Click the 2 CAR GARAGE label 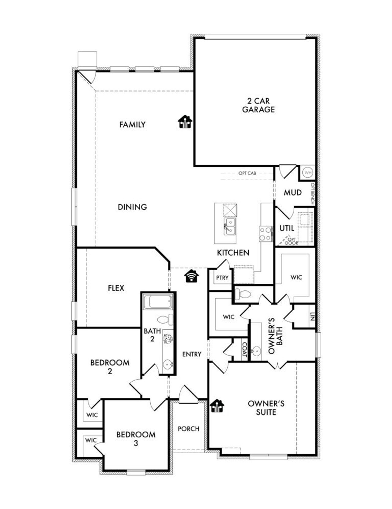pyautogui.click(x=258, y=105)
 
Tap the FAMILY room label pyautogui.click(x=132, y=125)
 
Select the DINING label pyautogui.click(x=132, y=207)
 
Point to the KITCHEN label pyautogui.click(x=233, y=253)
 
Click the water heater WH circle pyautogui.click(x=308, y=173)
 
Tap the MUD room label pyautogui.click(x=292, y=193)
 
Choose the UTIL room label pyautogui.click(x=287, y=228)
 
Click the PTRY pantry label pyautogui.click(x=222, y=278)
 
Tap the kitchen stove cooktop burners pyautogui.click(x=266, y=234)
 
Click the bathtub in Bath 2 pyautogui.click(x=158, y=302)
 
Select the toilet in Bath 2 pyautogui.click(x=165, y=320)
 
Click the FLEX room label pyautogui.click(x=116, y=288)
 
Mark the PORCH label pyautogui.click(x=188, y=429)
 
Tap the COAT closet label pyautogui.click(x=244, y=350)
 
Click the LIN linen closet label pyautogui.click(x=312, y=316)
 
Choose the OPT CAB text pyautogui.click(x=247, y=173)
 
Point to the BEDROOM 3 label pyautogui.click(x=136, y=438)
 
